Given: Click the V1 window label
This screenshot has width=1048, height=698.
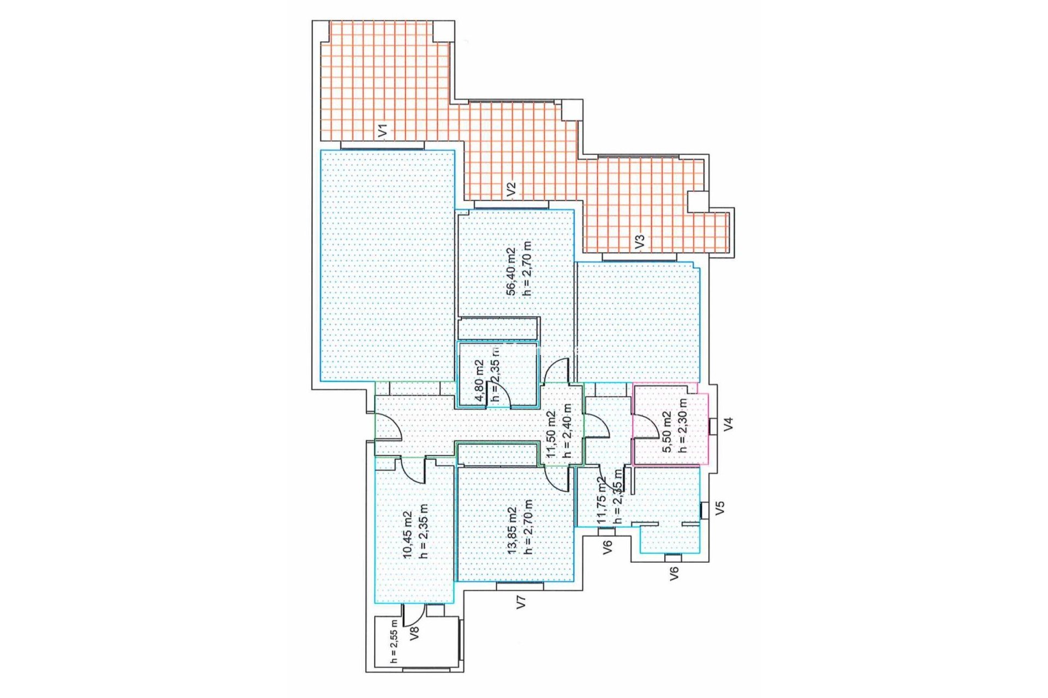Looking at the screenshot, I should pyautogui.click(x=383, y=130).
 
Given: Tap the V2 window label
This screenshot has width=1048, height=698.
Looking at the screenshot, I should pyautogui.click(x=511, y=189).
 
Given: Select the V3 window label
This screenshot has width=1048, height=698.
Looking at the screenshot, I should pyautogui.click(x=641, y=241).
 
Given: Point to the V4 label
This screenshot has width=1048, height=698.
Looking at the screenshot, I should pyautogui.click(x=728, y=424).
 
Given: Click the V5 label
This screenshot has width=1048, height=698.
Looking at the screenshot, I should pyautogui.click(x=720, y=508).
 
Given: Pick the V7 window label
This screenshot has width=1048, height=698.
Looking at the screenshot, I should pyautogui.click(x=521, y=602).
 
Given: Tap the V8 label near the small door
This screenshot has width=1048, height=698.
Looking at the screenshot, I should pyautogui.click(x=414, y=633).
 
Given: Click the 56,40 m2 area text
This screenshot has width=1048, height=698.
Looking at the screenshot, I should pyautogui.click(x=511, y=271).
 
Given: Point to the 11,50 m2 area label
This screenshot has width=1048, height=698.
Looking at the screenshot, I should pyautogui.click(x=552, y=434).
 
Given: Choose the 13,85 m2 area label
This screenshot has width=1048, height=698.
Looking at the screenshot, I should pyautogui.click(x=513, y=531).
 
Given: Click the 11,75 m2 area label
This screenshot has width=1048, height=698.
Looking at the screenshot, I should pyautogui.click(x=601, y=501).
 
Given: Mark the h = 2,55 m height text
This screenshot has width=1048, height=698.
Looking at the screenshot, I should pyautogui.click(x=395, y=641).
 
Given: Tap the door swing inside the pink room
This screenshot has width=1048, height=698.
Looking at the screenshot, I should pyautogui.click(x=646, y=426).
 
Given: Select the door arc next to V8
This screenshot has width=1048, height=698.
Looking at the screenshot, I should pyautogui.click(x=413, y=615).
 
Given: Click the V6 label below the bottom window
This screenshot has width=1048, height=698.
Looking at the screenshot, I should pyautogui.click(x=674, y=573).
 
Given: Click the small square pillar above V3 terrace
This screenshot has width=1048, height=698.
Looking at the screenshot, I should pyautogui.click(x=696, y=202).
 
